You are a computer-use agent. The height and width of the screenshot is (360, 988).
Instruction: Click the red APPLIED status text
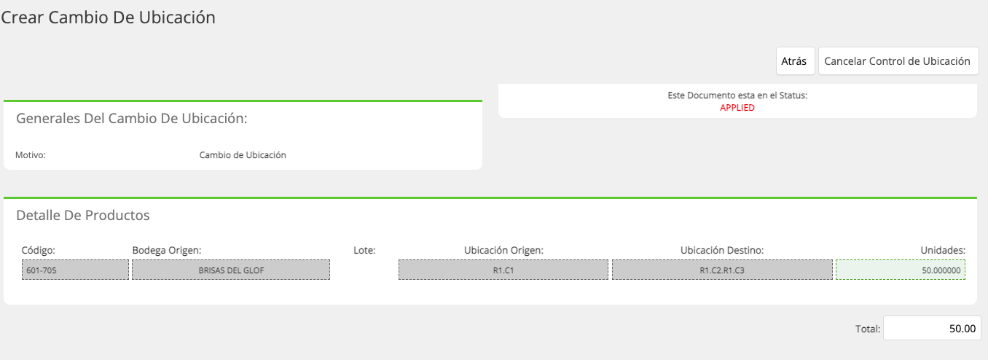point(737,108)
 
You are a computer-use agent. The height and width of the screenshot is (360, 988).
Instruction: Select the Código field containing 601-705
point(76,270)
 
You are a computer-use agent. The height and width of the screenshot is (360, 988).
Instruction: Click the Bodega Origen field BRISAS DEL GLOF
point(231,270)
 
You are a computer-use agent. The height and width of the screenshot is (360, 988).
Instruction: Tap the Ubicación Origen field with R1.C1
point(503,270)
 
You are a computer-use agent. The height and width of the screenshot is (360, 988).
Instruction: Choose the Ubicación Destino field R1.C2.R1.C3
point(722,270)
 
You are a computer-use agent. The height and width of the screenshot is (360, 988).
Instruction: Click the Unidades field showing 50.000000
point(901,270)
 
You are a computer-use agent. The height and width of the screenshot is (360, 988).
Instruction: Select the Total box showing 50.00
point(932,328)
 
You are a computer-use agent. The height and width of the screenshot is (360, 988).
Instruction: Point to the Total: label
point(868,329)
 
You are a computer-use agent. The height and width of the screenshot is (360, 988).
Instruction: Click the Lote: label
point(364,250)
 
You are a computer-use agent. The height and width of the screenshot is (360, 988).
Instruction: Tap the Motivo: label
point(31,154)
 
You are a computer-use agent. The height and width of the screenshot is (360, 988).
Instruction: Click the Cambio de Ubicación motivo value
point(243,154)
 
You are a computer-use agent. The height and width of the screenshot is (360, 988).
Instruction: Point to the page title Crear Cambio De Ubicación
point(108,17)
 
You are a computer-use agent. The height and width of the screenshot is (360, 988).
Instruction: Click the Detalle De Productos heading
point(83,215)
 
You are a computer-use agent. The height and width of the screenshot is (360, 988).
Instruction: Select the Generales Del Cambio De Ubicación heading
point(131,118)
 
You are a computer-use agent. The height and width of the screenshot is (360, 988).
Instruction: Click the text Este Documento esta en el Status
point(737,95)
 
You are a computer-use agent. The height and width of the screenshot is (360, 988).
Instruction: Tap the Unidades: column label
point(943,250)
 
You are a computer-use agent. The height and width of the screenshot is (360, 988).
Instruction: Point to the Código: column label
point(39,250)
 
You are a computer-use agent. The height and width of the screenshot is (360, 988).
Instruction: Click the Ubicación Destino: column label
point(721,250)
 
